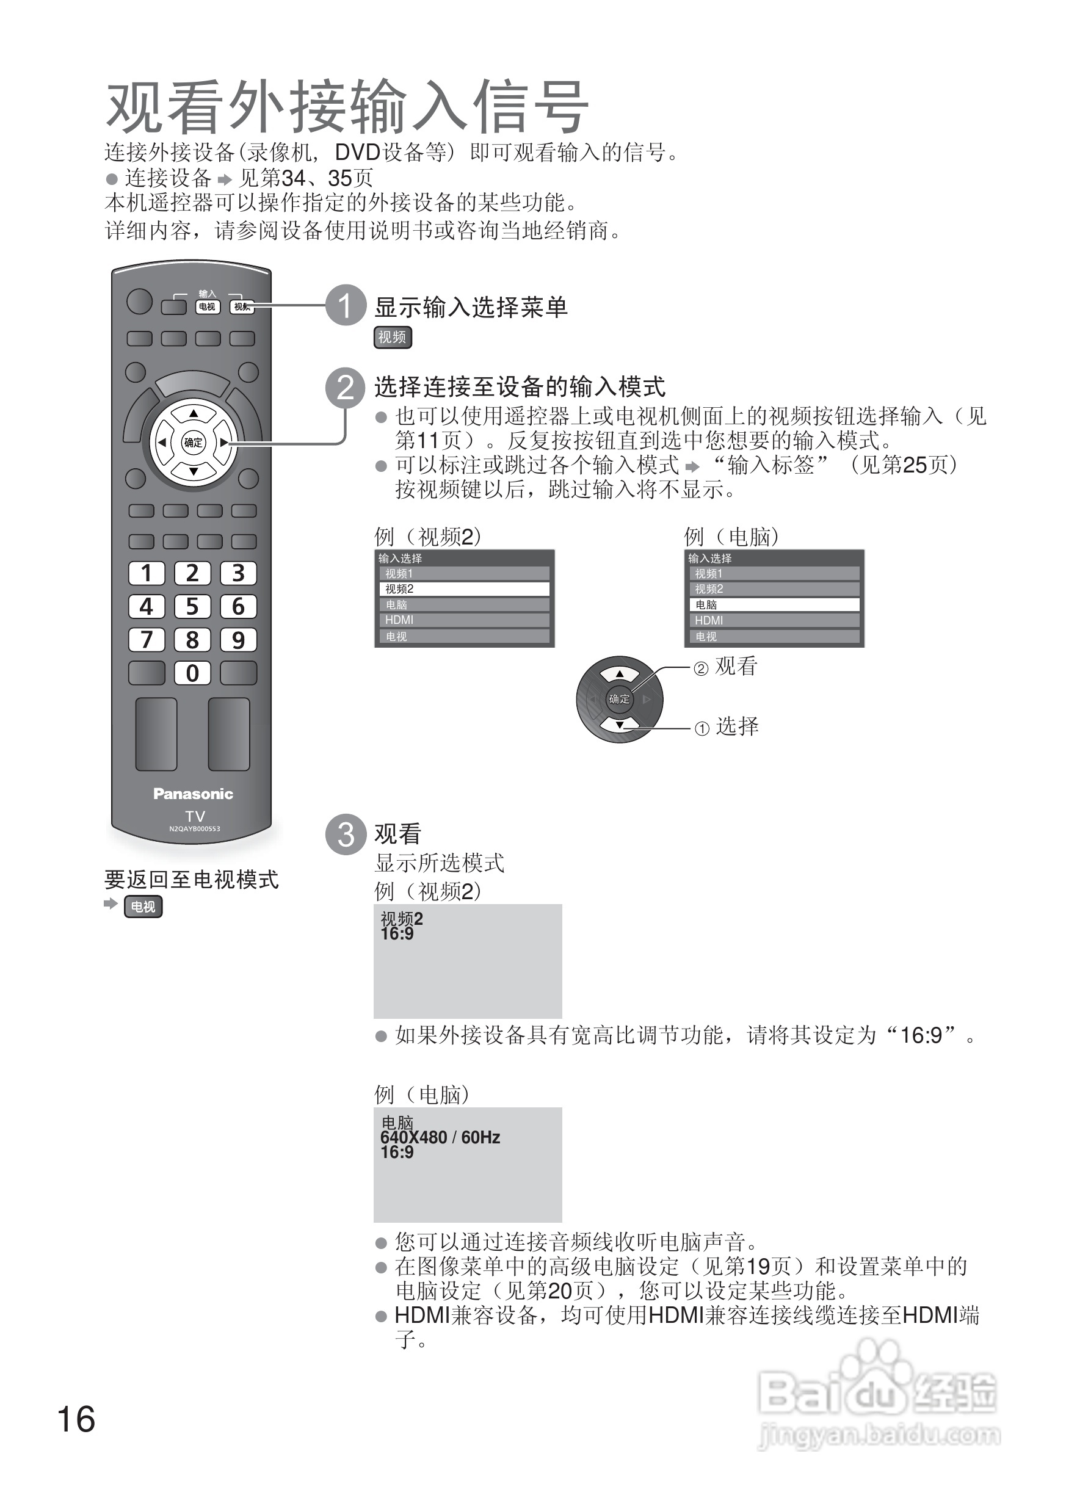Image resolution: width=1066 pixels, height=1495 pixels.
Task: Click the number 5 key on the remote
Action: coord(192,606)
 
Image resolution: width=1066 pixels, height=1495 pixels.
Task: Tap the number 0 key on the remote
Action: coord(192,673)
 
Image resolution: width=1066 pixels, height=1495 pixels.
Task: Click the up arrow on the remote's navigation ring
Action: coord(193,414)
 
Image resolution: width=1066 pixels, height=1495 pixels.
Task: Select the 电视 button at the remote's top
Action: coord(207,306)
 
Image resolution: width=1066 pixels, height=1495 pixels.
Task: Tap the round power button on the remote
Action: coord(139,301)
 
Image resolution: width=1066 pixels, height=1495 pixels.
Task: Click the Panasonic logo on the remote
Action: coord(193,794)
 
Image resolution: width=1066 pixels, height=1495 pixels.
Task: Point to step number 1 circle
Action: coord(346,305)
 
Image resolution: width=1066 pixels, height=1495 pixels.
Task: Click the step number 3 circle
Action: coord(346,834)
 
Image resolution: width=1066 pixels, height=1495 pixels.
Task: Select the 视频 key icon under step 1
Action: coord(393,338)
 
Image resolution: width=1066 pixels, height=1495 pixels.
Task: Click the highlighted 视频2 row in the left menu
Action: coord(464,589)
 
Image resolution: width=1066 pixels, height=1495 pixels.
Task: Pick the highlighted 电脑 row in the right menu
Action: coord(774,605)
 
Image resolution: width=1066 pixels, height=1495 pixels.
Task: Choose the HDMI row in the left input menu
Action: coord(464,620)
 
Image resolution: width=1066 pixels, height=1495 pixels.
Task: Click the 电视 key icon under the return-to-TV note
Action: coord(143,907)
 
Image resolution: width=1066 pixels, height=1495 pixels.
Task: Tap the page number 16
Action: coord(76,1419)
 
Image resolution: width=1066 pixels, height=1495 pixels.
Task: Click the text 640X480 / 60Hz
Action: coord(440,1137)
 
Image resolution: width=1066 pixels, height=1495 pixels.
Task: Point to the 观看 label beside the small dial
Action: coord(736,666)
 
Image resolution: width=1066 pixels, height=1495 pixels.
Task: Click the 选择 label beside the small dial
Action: coord(736,726)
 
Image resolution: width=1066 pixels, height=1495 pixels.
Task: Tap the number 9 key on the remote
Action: coord(238,640)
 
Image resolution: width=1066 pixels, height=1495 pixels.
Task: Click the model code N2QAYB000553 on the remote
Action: coord(194,829)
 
